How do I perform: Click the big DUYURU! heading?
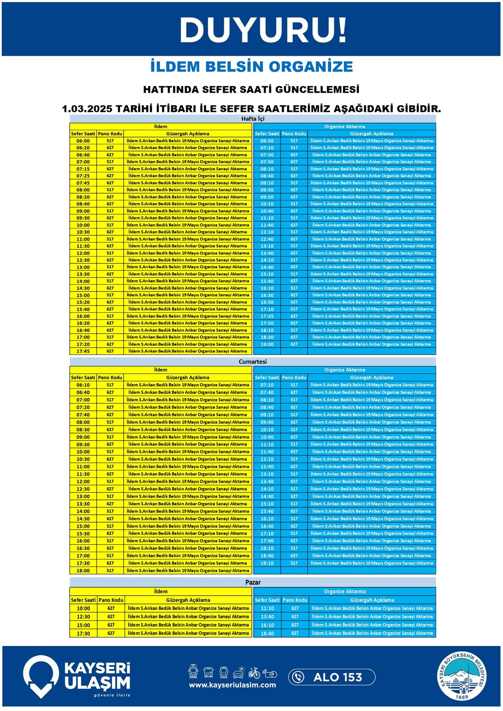point(263,30)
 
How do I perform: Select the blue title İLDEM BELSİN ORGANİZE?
point(251,67)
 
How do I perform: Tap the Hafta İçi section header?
point(253,119)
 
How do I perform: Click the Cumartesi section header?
point(253,361)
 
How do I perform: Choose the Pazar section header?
point(253,582)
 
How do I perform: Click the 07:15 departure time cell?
point(83,169)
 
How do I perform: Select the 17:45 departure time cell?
point(83,351)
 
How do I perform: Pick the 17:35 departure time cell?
point(267,316)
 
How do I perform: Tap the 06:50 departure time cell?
point(267,141)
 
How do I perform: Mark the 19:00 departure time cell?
point(267,344)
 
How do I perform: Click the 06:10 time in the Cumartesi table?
point(83,385)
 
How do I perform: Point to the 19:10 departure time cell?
point(267,563)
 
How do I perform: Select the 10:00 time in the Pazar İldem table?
point(83,608)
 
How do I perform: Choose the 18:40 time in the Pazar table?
point(267,633)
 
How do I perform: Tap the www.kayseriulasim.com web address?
point(232,685)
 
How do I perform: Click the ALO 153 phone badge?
point(332,677)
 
